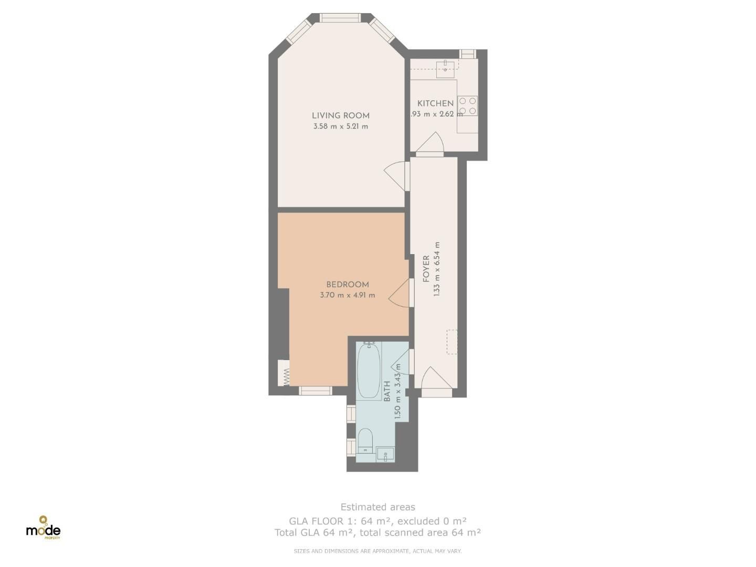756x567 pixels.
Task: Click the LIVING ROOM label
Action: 340,115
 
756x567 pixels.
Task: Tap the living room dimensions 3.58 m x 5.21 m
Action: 340,127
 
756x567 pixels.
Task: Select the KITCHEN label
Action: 435,103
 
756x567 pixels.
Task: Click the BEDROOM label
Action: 347,285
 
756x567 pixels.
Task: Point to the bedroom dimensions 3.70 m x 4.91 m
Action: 347,295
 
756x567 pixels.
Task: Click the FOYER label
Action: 426,268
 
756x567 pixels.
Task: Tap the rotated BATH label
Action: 387,392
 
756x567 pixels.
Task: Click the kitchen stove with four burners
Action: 467,106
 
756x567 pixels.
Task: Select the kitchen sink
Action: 445,67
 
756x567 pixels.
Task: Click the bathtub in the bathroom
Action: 369,371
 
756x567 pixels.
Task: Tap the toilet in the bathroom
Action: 365,440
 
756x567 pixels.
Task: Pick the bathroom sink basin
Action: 385,454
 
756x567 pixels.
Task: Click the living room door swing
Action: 396,175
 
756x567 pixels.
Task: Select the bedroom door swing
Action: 400,293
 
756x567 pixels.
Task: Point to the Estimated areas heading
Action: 377,507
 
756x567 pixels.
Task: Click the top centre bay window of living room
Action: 340,18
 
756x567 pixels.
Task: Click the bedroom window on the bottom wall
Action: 316,391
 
